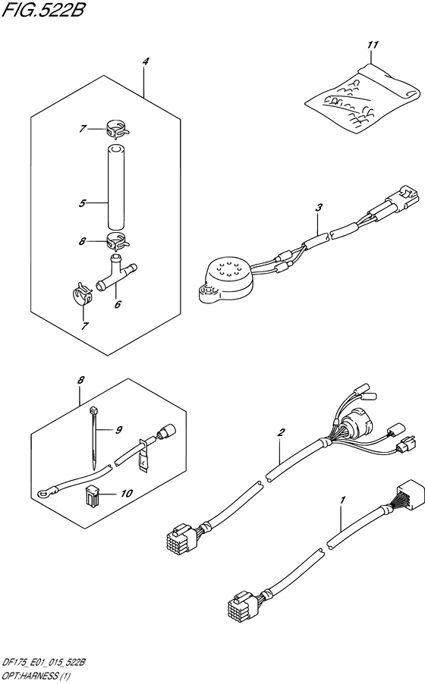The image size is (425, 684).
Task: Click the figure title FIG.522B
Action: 42,9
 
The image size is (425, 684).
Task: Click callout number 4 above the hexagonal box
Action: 146,62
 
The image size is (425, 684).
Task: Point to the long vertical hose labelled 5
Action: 115,187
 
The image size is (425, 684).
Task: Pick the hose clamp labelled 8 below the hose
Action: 116,241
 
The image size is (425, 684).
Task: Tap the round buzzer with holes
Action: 224,280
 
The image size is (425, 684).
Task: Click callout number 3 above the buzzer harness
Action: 319,208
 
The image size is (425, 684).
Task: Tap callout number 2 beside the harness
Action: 282,433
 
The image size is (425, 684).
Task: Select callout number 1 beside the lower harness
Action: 343,500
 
